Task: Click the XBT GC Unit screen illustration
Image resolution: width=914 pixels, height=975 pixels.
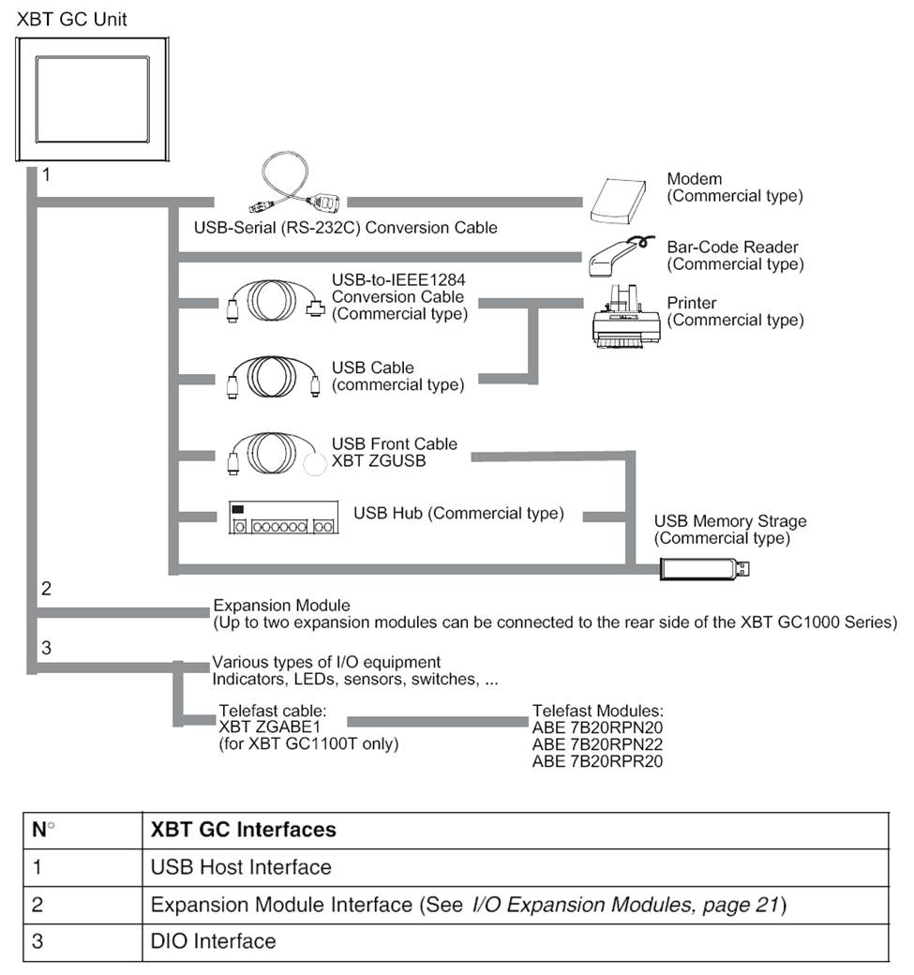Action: pos(92,97)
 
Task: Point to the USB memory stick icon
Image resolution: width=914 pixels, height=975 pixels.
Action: pos(704,569)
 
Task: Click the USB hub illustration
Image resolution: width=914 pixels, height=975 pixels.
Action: pos(282,517)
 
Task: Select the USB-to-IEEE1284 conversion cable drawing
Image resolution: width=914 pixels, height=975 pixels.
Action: pos(273,301)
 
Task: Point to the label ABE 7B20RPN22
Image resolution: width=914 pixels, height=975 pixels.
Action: pos(597,744)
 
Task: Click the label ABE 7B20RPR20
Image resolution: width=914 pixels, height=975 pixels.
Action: pos(597,761)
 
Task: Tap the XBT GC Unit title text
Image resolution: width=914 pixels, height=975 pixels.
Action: pos(72,19)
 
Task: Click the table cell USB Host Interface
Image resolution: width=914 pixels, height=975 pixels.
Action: pos(241,867)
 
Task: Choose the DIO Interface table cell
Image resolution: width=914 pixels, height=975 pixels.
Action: pos(213,940)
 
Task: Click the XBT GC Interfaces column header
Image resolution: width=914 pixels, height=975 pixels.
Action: pos(243,830)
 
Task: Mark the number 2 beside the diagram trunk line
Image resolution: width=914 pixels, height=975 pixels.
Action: pos(46,589)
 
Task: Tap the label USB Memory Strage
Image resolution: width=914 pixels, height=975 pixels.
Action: pos(729,521)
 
